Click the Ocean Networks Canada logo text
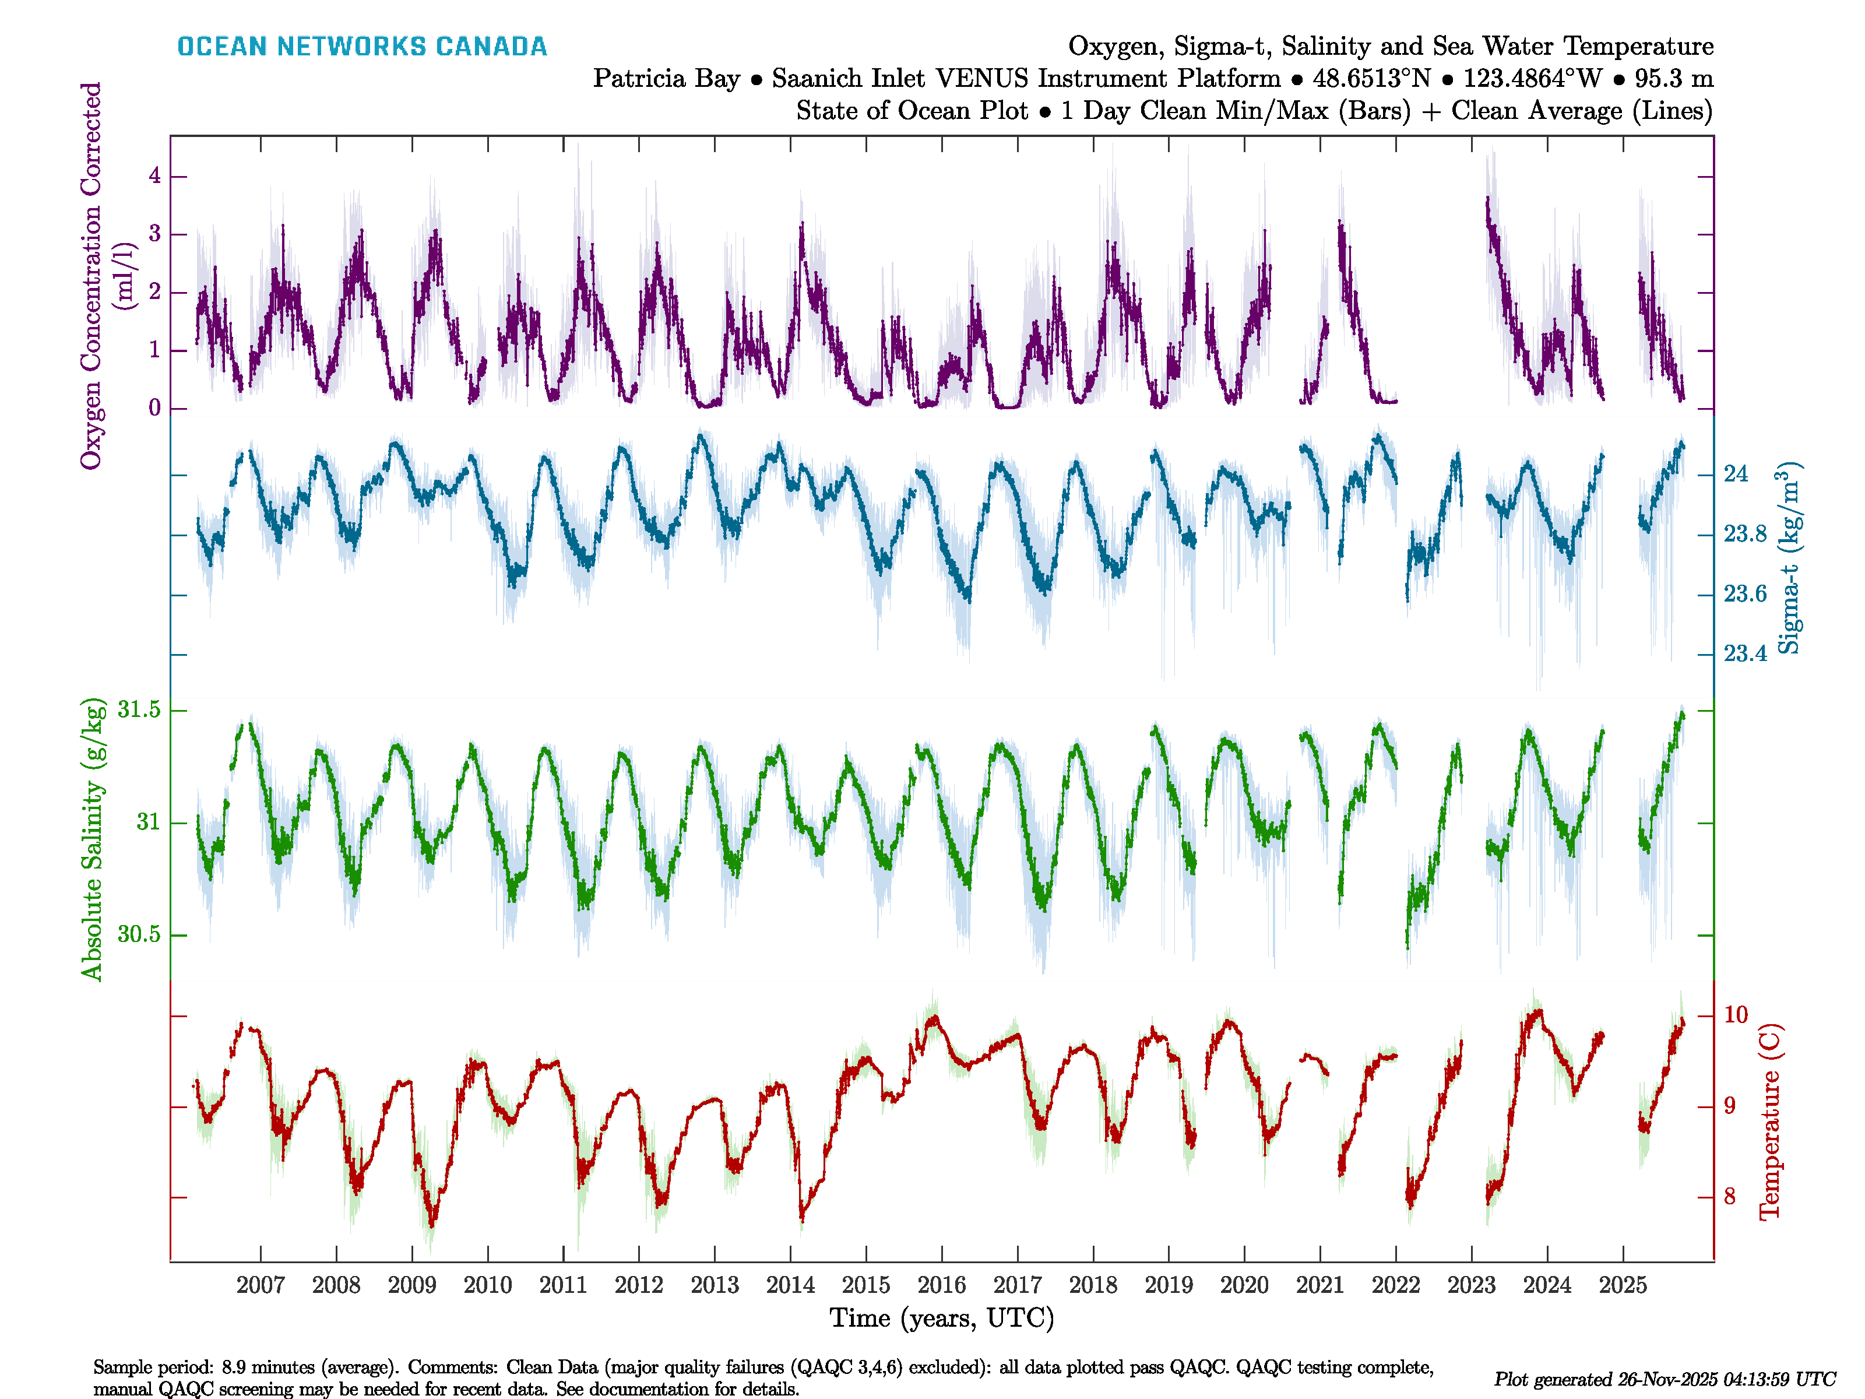(x=362, y=47)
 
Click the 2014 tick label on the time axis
(x=790, y=1285)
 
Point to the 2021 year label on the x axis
(x=1319, y=1285)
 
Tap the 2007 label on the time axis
(x=261, y=1285)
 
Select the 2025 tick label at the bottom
(x=1622, y=1285)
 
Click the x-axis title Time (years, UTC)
(x=942, y=1318)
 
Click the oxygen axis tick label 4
(x=155, y=175)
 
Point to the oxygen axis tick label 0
(x=155, y=408)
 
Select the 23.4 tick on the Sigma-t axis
(x=1744, y=653)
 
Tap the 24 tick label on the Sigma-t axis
(x=1735, y=474)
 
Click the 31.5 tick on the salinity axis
(x=139, y=710)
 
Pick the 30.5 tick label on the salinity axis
(x=139, y=934)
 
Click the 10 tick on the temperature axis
(x=1735, y=1014)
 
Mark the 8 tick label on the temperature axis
(x=1729, y=1197)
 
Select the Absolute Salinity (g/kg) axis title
(x=92, y=839)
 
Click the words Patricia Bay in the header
(x=666, y=79)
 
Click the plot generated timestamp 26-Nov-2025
(x=1665, y=1380)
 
